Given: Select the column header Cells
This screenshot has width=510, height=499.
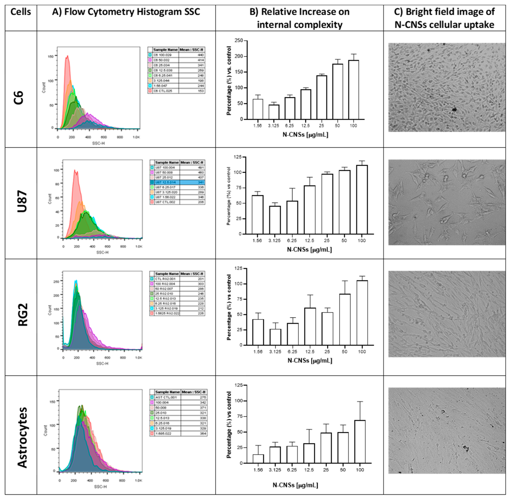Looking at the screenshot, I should click(x=20, y=12).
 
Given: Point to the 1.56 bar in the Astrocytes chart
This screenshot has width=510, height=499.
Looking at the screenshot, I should click(x=258, y=459).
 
